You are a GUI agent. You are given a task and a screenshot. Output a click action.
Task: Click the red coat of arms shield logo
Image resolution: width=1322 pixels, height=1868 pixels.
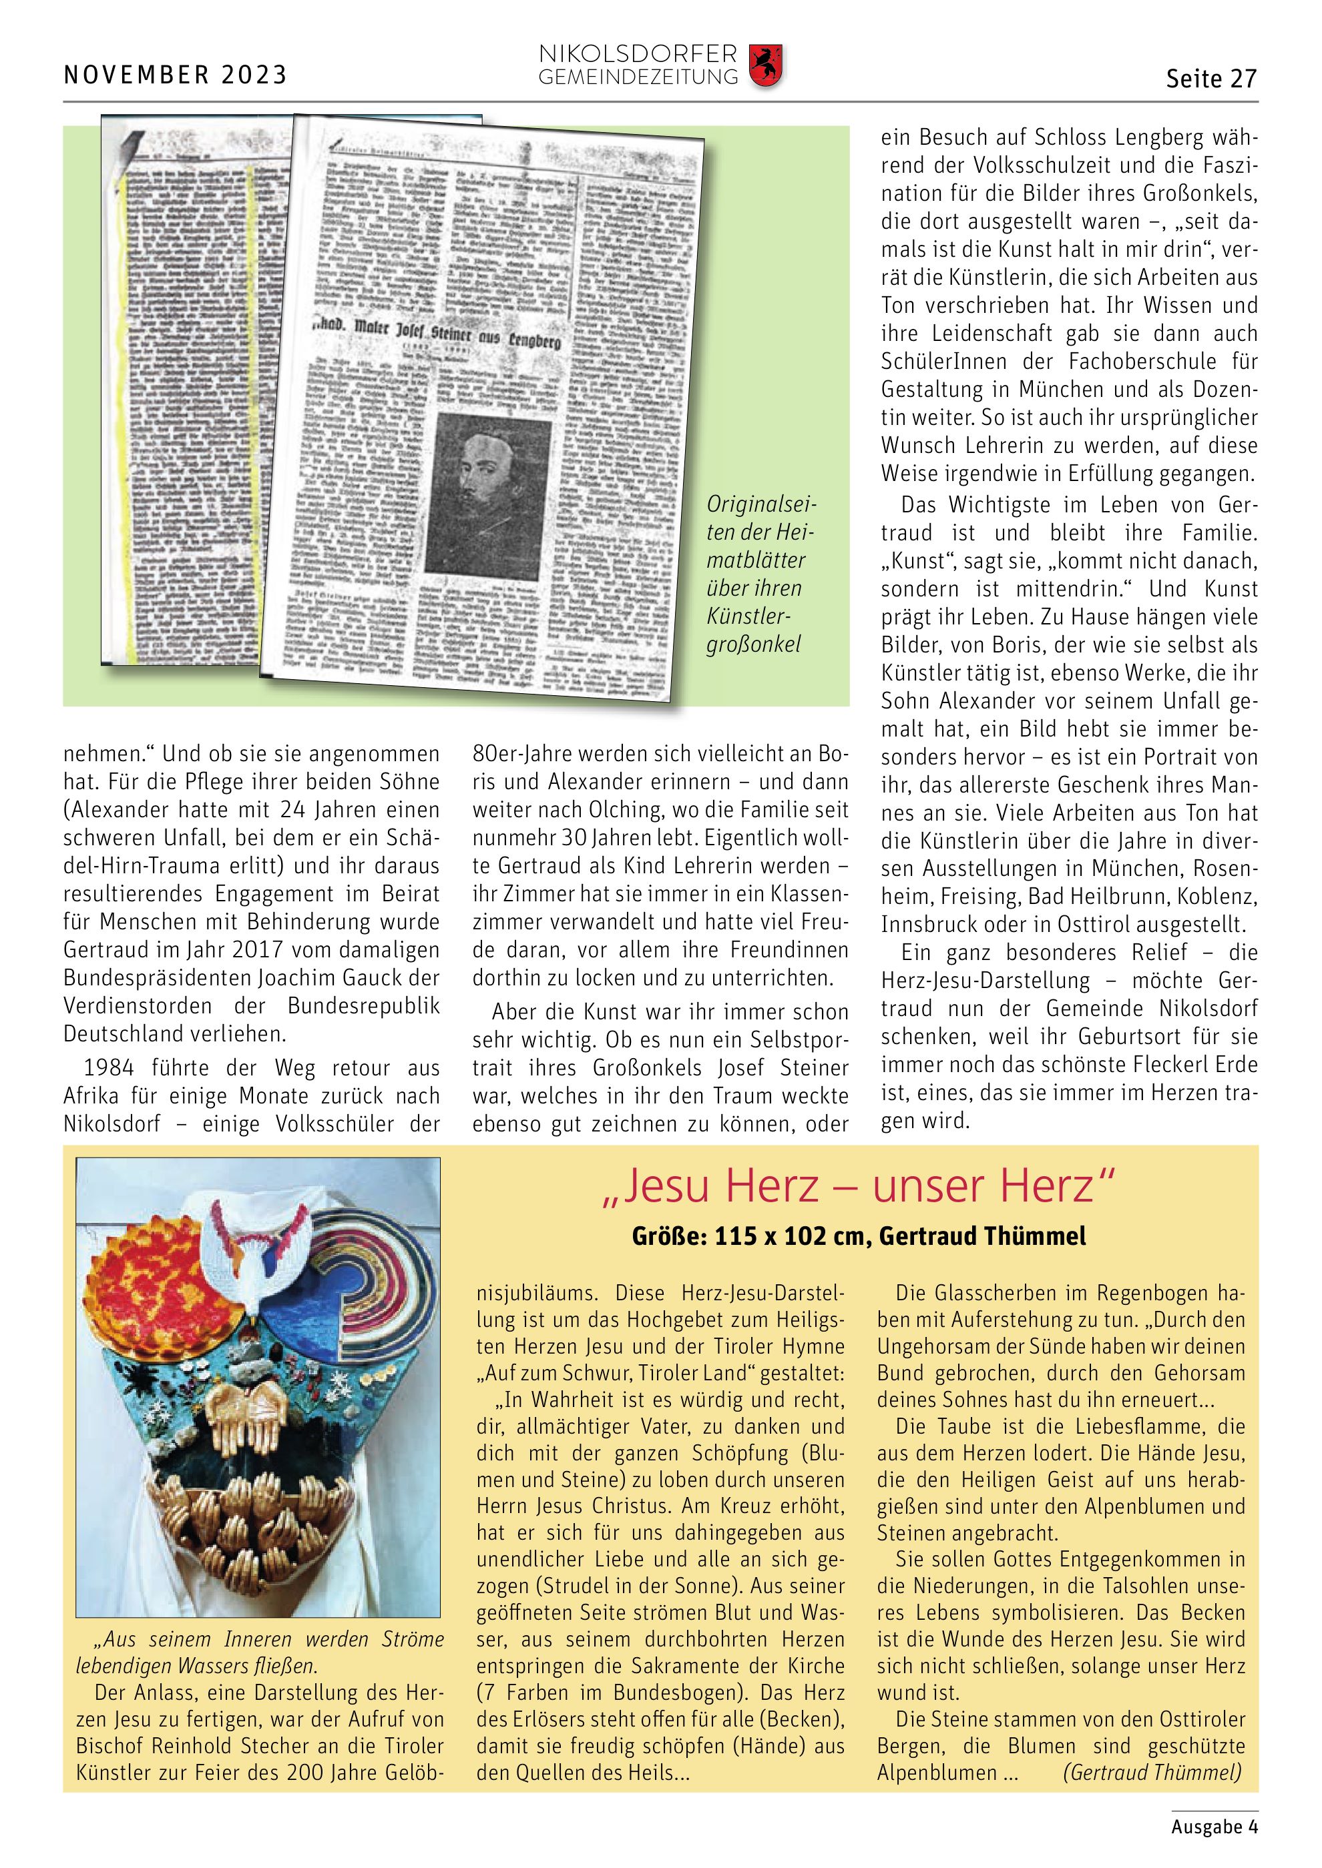[x=765, y=66]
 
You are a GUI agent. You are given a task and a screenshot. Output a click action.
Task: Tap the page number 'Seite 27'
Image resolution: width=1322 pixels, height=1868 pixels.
[x=1211, y=79]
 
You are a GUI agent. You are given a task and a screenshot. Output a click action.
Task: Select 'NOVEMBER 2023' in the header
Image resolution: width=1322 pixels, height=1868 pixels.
[x=176, y=75]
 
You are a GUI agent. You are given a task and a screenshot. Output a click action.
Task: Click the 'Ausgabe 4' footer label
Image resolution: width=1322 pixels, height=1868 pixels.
[x=1215, y=1827]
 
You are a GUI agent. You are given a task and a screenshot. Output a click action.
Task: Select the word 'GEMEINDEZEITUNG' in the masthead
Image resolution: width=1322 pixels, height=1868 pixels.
[x=638, y=78]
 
